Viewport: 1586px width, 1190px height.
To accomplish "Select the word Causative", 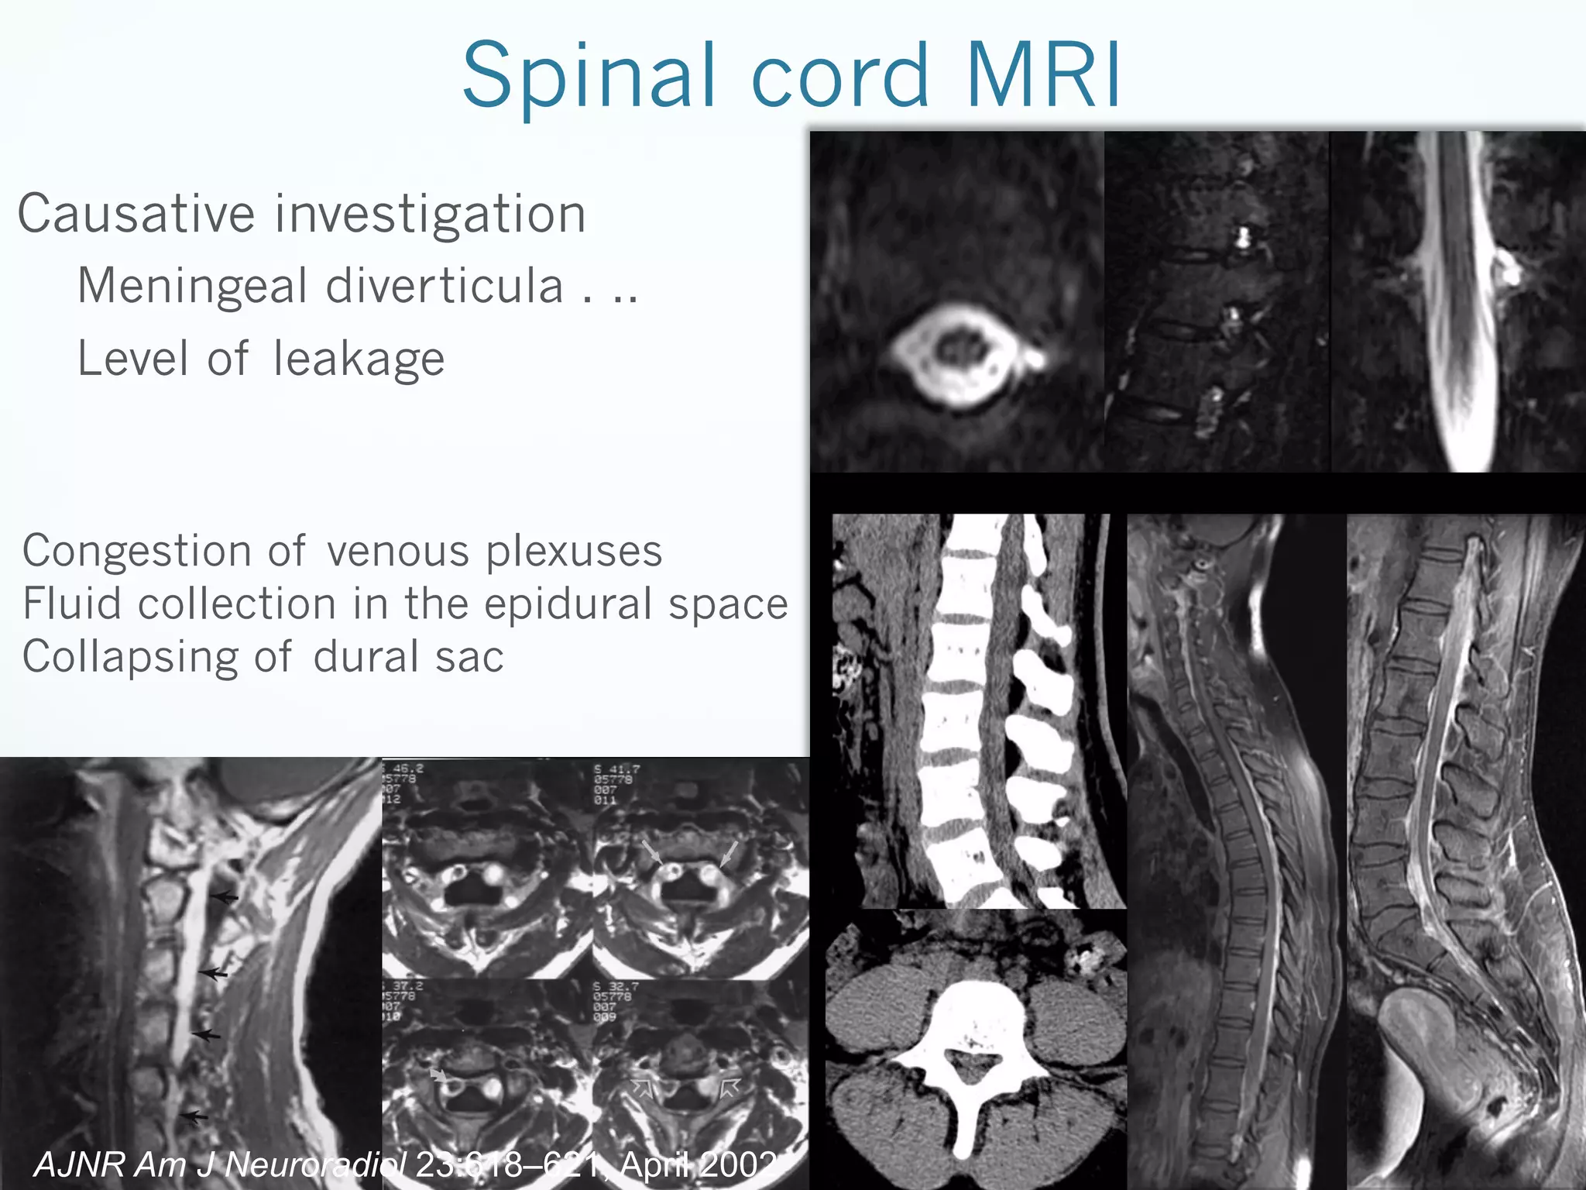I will pyautogui.click(x=136, y=214).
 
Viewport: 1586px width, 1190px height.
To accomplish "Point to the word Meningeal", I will pyautogui.click(x=193, y=286).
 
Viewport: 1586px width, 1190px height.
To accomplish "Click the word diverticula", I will pyautogui.click(x=445, y=286).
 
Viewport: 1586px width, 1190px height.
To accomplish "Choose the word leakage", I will pyautogui.click(x=359, y=359).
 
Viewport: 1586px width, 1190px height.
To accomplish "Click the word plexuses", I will pyautogui.click(x=574, y=552).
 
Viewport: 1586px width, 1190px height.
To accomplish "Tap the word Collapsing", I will pyautogui.click(x=131, y=658).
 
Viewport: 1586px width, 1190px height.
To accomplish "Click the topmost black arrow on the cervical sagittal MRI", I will pyautogui.click(x=225, y=897).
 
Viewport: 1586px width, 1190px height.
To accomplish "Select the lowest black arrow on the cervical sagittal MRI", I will pyautogui.click(x=195, y=1116).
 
